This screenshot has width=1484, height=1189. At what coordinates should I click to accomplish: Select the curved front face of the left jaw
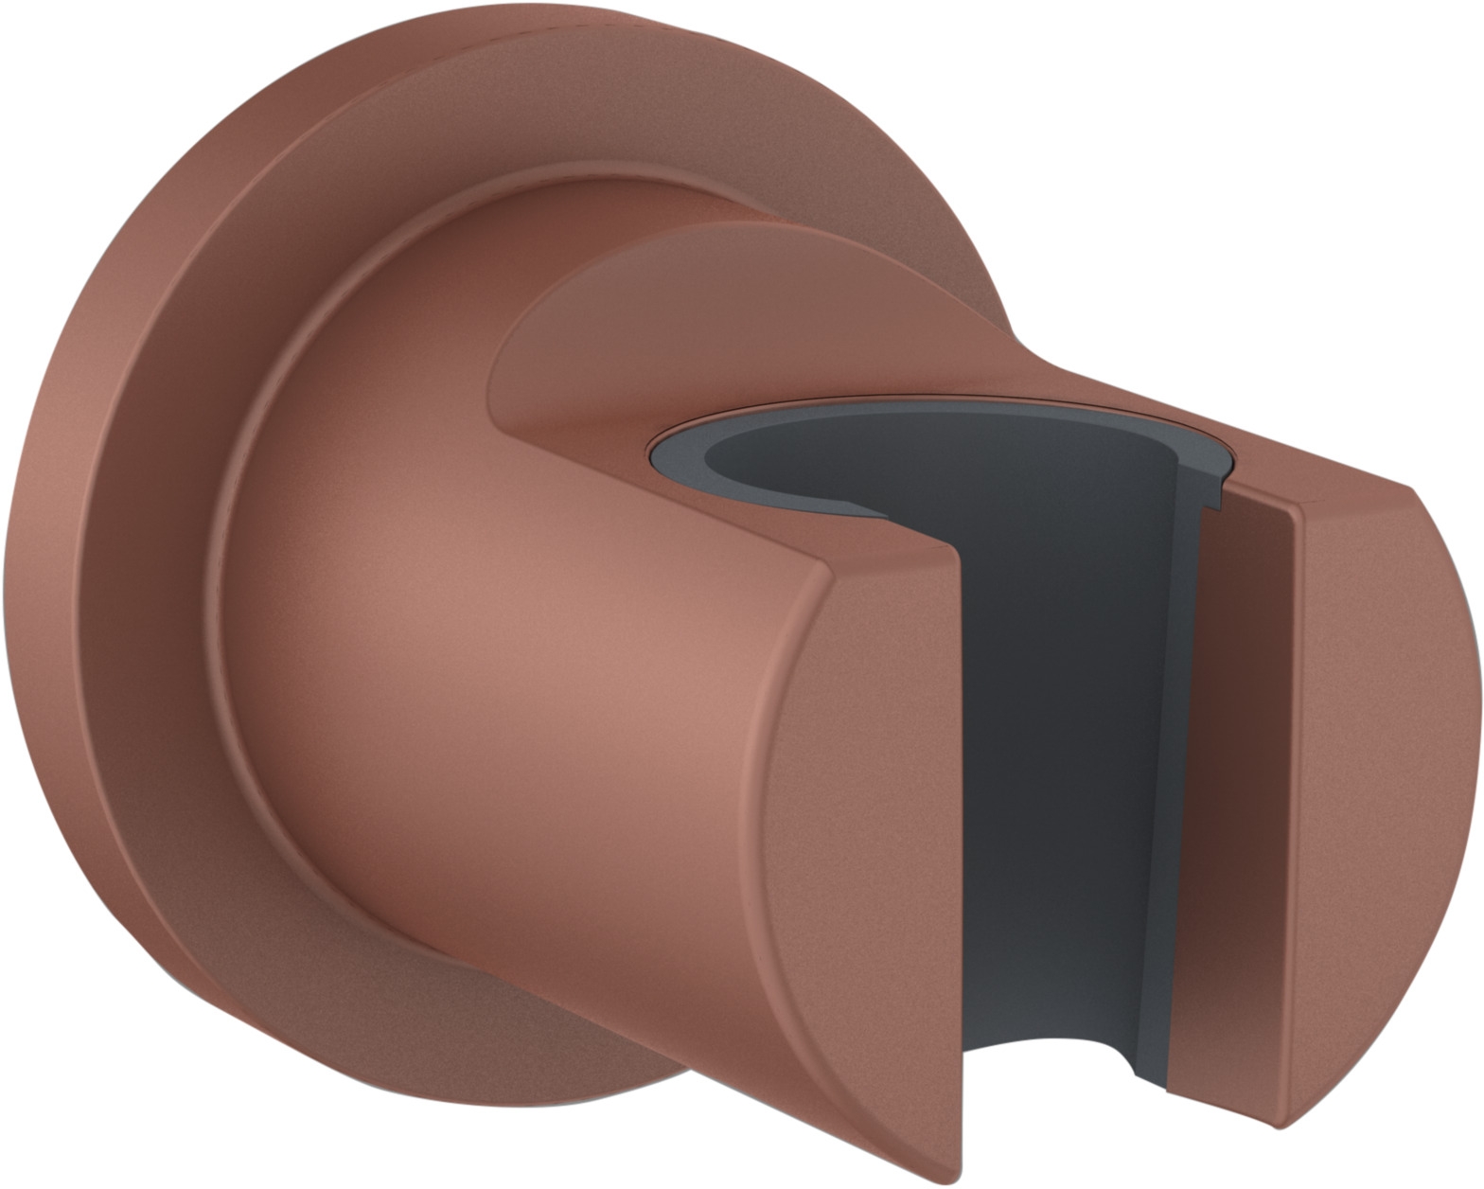852,852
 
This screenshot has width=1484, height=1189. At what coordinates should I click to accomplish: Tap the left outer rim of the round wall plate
38,568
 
